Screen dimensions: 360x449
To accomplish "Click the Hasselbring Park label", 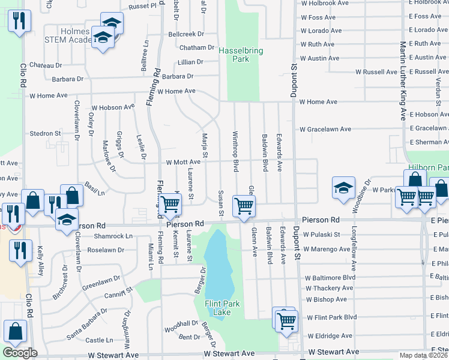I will pyautogui.click(x=241, y=55).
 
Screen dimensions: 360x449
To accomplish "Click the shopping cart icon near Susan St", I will pyautogui.click(x=244, y=205).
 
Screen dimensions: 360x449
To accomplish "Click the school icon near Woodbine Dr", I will pyautogui.click(x=343, y=188).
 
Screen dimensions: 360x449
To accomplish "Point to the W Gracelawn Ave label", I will pyautogui.click(x=325, y=129).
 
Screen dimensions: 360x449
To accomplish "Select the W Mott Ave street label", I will pyautogui.click(x=179, y=162).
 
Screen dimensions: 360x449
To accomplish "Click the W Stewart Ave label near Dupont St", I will pyautogui.click(x=333, y=352).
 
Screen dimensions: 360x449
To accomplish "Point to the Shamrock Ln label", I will pyautogui.click(x=113, y=236).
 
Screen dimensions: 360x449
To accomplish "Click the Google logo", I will pyautogui.click(x=20, y=352).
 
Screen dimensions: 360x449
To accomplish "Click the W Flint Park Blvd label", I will pyautogui.click(x=331, y=317).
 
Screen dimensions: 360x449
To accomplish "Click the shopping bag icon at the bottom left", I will pyautogui.click(x=15, y=331).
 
